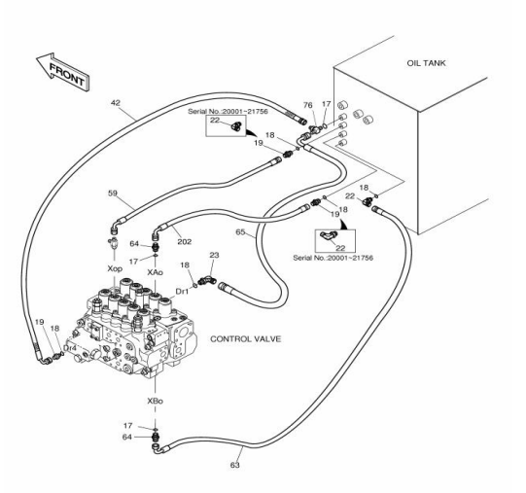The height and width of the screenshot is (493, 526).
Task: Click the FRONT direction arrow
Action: (64, 72)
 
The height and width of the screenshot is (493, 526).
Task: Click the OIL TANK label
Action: (426, 63)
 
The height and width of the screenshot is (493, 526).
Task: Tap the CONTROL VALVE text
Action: (245, 339)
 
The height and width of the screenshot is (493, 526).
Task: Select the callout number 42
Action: (115, 103)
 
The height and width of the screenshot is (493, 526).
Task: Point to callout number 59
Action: (113, 193)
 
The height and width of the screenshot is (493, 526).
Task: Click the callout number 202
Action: (184, 241)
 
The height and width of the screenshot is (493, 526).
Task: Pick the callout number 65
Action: (240, 231)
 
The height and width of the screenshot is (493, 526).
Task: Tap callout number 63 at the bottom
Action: (235, 465)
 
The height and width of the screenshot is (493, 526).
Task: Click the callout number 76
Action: (307, 105)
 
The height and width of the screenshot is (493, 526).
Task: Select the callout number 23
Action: (214, 255)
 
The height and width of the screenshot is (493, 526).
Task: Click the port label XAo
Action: (155, 272)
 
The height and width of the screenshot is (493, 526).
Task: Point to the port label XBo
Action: (155, 401)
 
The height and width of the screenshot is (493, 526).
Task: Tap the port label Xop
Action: (115, 268)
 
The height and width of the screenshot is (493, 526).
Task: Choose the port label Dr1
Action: (182, 292)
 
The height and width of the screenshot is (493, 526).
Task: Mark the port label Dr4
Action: (70, 349)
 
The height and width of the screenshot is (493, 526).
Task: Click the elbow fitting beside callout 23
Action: (207, 281)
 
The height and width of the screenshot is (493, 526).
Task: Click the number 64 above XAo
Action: (134, 243)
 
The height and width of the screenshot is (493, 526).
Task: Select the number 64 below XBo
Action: (126, 437)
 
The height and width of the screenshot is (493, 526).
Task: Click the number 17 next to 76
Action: (326, 104)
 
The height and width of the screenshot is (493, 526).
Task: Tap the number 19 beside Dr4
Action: (40, 322)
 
